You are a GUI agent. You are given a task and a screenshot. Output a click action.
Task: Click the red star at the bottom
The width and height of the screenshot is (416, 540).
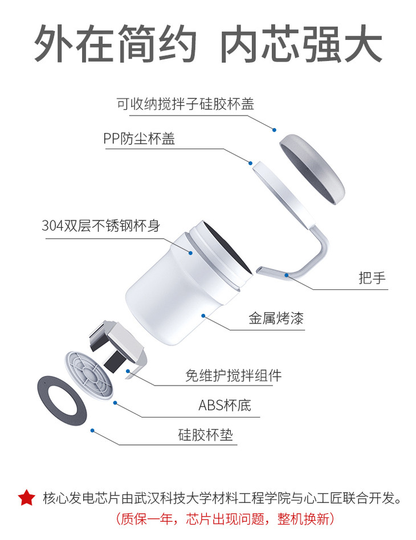(x=27, y=498)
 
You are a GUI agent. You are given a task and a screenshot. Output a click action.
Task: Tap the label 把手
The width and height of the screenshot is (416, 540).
(x=372, y=277)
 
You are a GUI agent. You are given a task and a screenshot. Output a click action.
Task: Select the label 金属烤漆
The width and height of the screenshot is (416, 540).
(x=276, y=318)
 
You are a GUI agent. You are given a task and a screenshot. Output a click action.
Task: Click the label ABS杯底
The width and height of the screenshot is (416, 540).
(x=225, y=406)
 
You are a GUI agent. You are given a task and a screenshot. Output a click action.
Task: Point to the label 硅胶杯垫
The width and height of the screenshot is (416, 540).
(x=205, y=435)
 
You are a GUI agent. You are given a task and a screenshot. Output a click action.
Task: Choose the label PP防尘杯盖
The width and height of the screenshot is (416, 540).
(x=139, y=138)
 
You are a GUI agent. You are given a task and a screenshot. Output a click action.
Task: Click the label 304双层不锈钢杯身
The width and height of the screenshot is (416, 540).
(x=101, y=226)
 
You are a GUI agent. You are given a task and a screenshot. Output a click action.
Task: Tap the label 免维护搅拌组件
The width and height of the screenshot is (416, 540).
(x=233, y=375)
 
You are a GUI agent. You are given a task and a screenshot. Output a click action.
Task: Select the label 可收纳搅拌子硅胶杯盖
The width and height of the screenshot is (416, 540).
(x=185, y=104)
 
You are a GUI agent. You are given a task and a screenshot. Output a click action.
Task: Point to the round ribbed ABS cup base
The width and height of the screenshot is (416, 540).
(x=88, y=375)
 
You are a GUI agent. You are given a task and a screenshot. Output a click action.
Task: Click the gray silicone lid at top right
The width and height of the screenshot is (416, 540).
(x=312, y=169)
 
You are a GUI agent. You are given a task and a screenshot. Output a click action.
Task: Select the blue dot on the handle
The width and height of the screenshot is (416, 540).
(x=286, y=275)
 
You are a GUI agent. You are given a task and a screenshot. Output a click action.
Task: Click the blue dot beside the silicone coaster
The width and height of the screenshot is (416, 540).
(x=92, y=431)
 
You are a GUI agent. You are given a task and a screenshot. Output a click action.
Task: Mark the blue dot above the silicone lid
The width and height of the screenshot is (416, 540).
(x=274, y=130)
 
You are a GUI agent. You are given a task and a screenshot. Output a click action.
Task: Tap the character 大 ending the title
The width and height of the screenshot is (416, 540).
(x=362, y=43)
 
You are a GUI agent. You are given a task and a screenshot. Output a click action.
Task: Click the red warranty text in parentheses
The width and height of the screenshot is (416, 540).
(x=226, y=519)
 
